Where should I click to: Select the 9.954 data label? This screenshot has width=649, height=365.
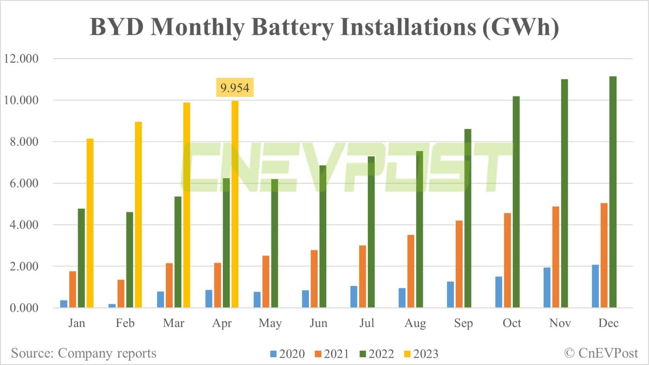click(235, 88)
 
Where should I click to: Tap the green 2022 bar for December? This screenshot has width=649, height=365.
click(613, 192)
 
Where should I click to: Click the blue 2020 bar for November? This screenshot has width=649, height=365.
click(547, 288)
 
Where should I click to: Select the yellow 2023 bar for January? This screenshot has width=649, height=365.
click(90, 223)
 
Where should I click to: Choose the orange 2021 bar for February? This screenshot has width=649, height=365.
click(121, 294)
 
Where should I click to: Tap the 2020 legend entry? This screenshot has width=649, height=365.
click(287, 354)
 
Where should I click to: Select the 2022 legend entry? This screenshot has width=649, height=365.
click(376, 354)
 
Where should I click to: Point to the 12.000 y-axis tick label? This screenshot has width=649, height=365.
click(21, 59)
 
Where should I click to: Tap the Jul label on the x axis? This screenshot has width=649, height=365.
click(366, 323)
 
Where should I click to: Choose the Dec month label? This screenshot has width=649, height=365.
click(608, 323)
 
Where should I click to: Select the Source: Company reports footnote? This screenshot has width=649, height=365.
click(84, 353)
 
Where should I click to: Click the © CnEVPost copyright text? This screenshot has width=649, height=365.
click(601, 353)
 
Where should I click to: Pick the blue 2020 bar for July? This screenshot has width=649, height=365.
click(353, 297)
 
